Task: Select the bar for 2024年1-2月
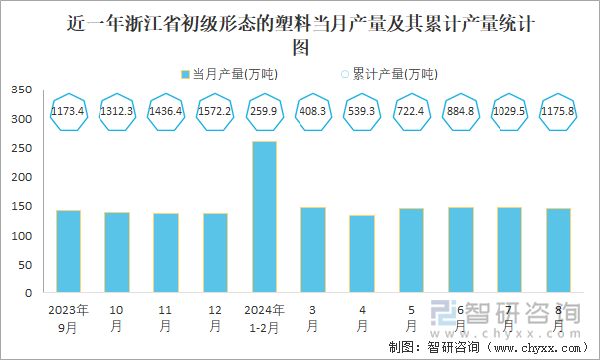264,218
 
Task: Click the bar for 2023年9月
68,252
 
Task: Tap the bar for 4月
361,255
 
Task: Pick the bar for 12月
215,254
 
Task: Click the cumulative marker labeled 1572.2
215,112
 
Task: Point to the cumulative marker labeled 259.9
264,112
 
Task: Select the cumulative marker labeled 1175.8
557,112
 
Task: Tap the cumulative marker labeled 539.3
361,112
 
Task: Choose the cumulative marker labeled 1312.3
117,112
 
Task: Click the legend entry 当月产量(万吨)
229,73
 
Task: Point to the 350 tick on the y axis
21,90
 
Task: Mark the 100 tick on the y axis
21,236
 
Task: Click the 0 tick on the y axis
28,294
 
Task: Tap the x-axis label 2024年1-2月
264,317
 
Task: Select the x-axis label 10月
117,317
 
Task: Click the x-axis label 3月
312,317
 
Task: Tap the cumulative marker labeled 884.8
460,112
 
